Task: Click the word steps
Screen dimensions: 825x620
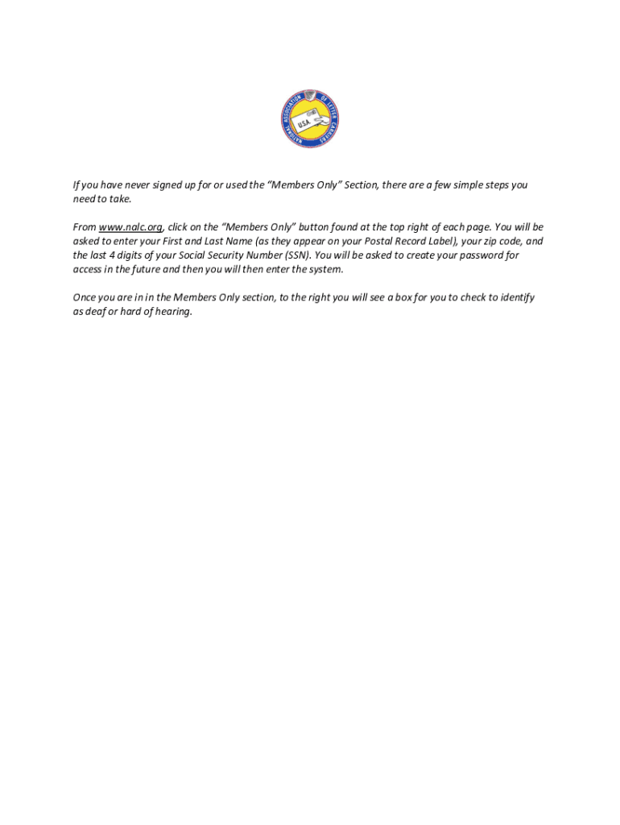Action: click(x=494, y=184)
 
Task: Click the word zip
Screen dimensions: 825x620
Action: click(x=490, y=241)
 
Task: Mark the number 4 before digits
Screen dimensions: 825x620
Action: click(x=111, y=255)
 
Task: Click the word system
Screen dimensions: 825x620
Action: click(x=324, y=269)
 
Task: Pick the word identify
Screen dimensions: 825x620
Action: click(x=517, y=297)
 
